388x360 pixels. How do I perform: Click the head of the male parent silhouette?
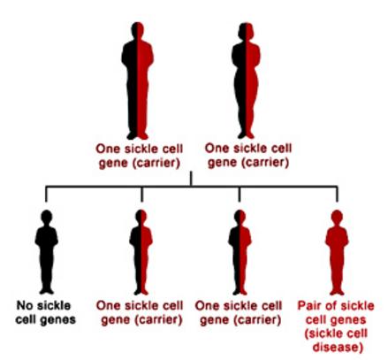point(137,30)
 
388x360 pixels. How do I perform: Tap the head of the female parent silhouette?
point(247,31)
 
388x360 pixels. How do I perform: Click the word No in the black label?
point(24,305)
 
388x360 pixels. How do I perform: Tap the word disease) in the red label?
point(337,347)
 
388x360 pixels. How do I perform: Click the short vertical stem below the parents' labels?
point(191,179)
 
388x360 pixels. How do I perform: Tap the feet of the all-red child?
point(337,292)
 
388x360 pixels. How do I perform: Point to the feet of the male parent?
point(137,136)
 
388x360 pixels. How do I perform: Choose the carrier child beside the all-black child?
point(141,252)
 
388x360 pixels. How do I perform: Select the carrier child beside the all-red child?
point(240,252)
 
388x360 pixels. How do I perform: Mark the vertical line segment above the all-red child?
point(337,194)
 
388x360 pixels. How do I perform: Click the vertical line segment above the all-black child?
point(46,194)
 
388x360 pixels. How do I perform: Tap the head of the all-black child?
point(47,217)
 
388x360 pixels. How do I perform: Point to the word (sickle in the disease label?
point(319,333)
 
